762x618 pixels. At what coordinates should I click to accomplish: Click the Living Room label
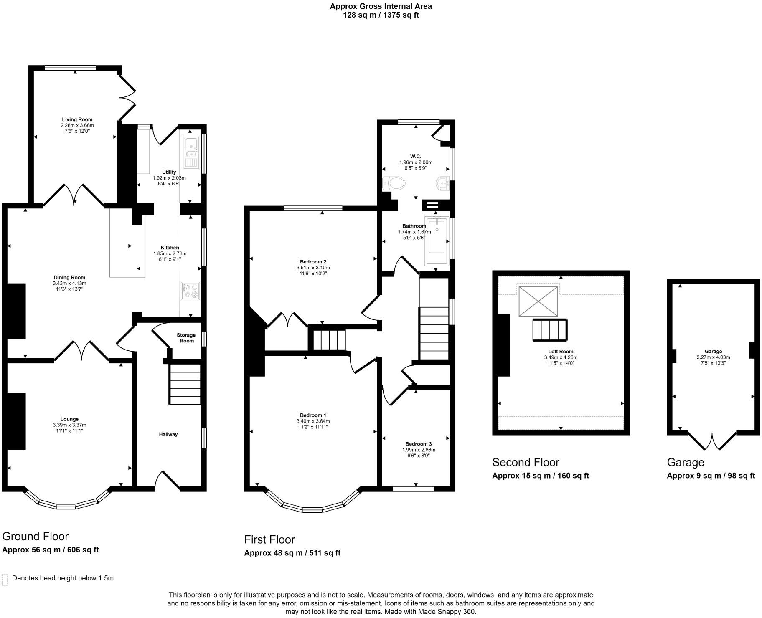pyautogui.click(x=77, y=119)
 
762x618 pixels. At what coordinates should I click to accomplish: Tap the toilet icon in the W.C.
pyautogui.click(x=394, y=183)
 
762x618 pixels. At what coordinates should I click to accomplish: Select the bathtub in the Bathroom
pyautogui.click(x=437, y=241)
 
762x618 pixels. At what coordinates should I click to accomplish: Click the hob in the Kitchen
pyautogui.click(x=190, y=291)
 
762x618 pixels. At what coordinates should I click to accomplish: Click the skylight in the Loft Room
pyautogui.click(x=538, y=301)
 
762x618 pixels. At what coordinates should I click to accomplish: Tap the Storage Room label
pyautogui.click(x=186, y=338)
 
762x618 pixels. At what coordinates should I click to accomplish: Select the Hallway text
pyautogui.click(x=168, y=434)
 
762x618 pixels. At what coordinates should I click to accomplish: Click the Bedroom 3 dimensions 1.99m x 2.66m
pyautogui.click(x=419, y=450)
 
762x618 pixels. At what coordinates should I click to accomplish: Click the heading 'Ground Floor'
pyautogui.click(x=35, y=537)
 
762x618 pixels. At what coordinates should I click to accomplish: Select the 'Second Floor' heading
pyautogui.click(x=526, y=462)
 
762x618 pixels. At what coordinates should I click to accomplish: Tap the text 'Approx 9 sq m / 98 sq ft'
pyautogui.click(x=711, y=476)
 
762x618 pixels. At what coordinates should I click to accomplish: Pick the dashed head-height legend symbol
pyautogui.click(x=5, y=580)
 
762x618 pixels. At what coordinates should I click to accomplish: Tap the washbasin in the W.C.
pyautogui.click(x=442, y=183)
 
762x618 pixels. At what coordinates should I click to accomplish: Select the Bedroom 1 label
pyautogui.click(x=313, y=415)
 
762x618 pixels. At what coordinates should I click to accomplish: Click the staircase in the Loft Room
pyautogui.click(x=550, y=330)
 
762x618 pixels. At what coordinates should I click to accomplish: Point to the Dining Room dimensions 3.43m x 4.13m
pyautogui.click(x=69, y=283)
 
